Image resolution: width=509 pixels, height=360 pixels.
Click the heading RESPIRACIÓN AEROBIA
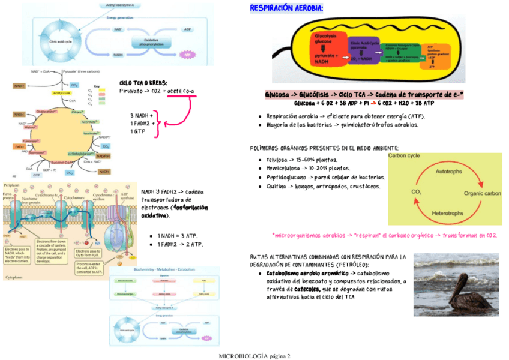[x=286, y=8]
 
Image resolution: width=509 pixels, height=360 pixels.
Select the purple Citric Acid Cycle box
[x=364, y=52]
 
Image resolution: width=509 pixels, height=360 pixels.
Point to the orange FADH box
[x=19, y=146]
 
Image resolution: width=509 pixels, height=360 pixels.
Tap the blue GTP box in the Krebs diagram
[x=37, y=176]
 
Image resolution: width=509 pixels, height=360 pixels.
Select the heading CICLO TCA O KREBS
[x=143, y=83]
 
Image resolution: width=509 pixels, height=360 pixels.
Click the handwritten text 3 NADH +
[x=142, y=115]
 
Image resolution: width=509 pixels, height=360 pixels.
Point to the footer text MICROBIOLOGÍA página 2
[x=254, y=356]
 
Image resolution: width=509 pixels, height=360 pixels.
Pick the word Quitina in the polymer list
[x=277, y=187]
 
